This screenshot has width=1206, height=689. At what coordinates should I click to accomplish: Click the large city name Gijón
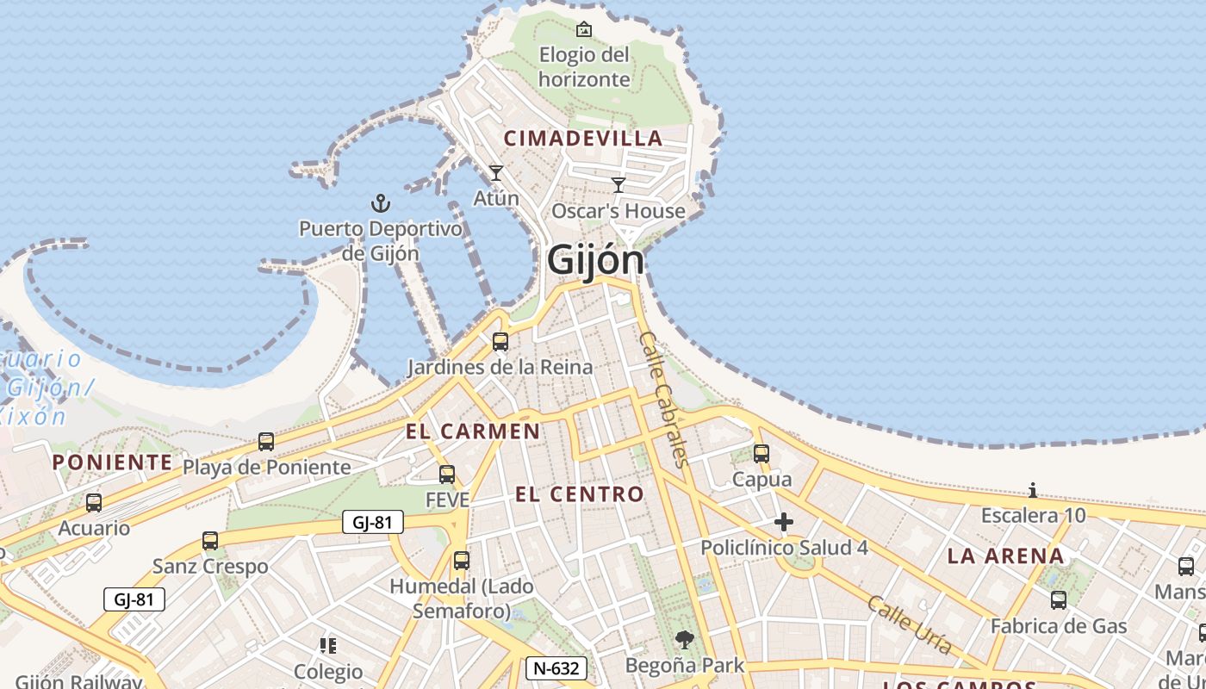click(595, 259)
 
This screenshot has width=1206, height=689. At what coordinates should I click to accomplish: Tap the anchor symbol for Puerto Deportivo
click(380, 204)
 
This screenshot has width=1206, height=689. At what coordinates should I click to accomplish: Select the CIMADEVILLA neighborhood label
click(583, 138)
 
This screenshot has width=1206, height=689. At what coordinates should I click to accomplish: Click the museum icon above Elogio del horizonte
click(584, 29)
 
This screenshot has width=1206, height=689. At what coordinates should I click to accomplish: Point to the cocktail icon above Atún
click(496, 173)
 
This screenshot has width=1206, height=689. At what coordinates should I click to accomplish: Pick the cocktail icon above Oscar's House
click(619, 184)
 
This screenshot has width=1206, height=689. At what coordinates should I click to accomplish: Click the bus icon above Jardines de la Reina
click(500, 342)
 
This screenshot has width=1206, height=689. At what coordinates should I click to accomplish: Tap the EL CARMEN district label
click(473, 431)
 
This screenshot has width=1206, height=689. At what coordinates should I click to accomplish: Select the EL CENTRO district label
click(579, 493)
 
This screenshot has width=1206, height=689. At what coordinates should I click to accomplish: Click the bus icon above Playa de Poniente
click(266, 442)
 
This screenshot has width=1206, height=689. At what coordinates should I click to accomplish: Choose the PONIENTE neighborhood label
click(112, 462)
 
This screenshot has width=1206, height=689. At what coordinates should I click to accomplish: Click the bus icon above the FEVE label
click(447, 475)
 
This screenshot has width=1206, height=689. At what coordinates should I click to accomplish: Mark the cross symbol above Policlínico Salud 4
click(784, 522)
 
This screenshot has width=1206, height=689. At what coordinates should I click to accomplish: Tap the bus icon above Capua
click(762, 453)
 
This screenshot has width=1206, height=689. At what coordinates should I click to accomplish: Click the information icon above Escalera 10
click(1033, 491)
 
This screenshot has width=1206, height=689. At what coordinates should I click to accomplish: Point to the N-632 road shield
click(557, 667)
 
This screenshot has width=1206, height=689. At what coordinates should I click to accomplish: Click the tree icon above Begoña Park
click(685, 639)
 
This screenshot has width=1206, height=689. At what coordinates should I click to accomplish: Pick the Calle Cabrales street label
click(665, 399)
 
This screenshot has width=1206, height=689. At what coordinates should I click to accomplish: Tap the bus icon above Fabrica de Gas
click(1059, 600)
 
